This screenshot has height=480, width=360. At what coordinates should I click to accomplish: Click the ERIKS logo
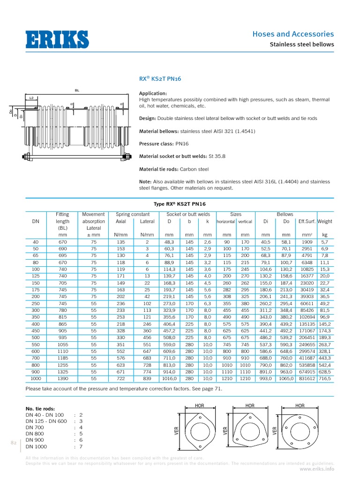tap(57, 39)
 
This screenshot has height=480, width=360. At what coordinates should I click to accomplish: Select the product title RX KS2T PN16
tap(160, 79)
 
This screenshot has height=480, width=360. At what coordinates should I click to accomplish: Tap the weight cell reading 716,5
tap(324, 378)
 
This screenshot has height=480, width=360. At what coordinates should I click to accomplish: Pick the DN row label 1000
tap(36, 378)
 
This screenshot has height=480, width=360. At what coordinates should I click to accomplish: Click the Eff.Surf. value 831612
tap(307, 378)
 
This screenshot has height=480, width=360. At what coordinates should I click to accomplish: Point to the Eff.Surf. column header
tap(307, 221)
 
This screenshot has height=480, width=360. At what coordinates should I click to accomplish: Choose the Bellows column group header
tap(285, 214)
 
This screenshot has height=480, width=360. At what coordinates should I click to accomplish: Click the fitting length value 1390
tap(62, 378)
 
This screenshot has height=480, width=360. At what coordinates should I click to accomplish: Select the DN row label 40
tap(36, 242)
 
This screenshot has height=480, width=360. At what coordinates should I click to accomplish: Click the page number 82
tap(14, 442)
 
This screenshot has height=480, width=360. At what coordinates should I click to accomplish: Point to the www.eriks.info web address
tap(317, 468)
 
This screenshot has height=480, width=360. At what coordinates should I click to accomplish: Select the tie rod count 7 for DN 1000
tap(81, 446)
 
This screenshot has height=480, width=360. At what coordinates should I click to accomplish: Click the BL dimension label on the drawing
tap(77, 90)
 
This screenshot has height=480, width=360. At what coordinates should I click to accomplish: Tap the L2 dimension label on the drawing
tap(32, 98)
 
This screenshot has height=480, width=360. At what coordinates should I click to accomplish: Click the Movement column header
tap(94, 214)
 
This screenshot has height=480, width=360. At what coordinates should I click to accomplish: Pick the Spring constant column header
tap(133, 214)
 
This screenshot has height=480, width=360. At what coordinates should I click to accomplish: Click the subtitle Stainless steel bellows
tap(301, 45)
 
